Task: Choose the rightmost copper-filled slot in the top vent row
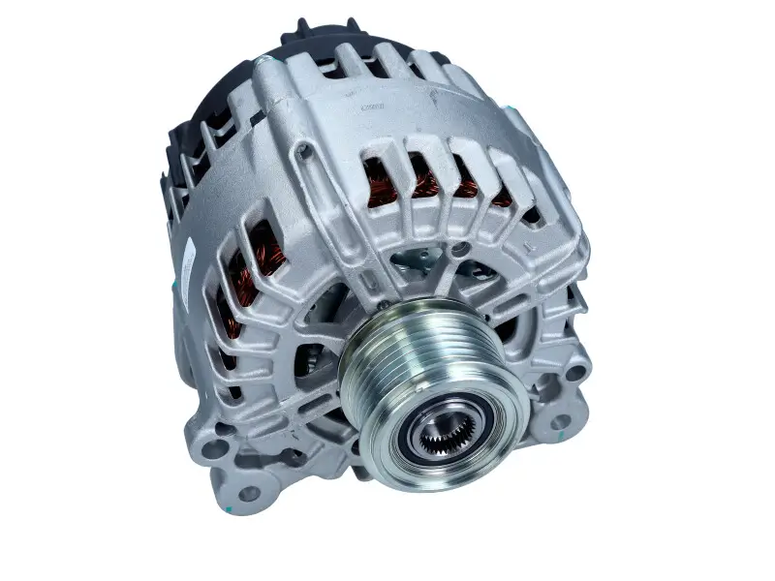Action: (501, 199)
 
